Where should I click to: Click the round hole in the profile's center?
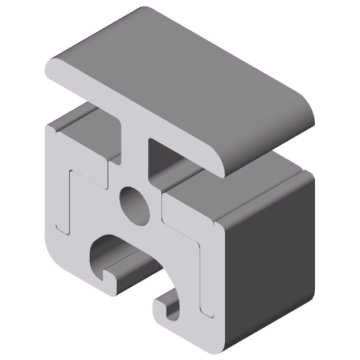click(x=135, y=203)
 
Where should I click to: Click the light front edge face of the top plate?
click(x=132, y=114)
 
